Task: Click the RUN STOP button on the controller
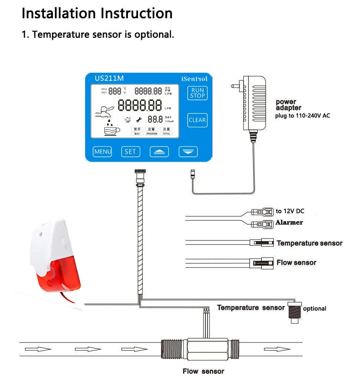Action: click(198, 93)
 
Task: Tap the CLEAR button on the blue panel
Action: click(197, 120)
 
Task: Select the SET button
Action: click(130, 151)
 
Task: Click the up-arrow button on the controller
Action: click(159, 151)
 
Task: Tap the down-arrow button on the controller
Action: click(188, 151)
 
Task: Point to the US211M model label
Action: click(109, 78)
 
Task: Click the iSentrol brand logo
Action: click(194, 79)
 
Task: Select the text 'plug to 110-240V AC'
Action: click(302, 116)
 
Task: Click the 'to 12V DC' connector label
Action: click(290, 211)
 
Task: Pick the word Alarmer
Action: click(289, 223)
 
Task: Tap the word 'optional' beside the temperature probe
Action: click(315, 309)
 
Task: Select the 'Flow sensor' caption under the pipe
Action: click(203, 371)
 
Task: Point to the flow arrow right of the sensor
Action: click(277, 349)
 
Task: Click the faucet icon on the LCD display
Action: click(104, 111)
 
